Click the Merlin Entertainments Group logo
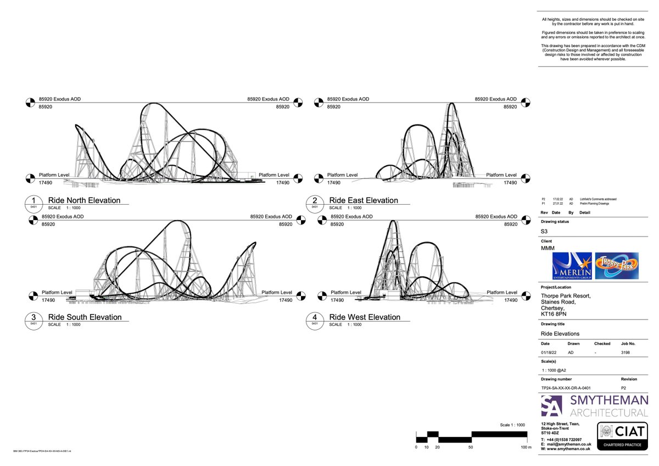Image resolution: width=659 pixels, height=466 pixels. click(572, 266)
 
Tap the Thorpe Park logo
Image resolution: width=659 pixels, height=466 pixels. click(617, 266)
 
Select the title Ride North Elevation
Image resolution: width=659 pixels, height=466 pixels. click(84, 200)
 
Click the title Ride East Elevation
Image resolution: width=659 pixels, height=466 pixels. click(364, 200)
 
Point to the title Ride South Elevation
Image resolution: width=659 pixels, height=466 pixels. click(85, 317)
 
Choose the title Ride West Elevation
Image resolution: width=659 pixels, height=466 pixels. click(365, 317)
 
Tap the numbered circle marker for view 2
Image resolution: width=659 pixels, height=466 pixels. click(315, 202)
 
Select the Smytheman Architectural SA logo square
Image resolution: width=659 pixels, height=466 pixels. click(551, 407)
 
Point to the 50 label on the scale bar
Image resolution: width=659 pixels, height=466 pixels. click(471, 448)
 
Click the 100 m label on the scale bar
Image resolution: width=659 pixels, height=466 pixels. click(526, 448)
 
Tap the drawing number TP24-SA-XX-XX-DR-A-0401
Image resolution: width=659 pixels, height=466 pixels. click(566, 388)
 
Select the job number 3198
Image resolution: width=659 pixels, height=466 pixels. click(626, 352)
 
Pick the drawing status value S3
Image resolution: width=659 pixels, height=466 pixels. click(544, 232)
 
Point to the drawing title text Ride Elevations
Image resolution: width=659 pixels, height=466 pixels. click(560, 334)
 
